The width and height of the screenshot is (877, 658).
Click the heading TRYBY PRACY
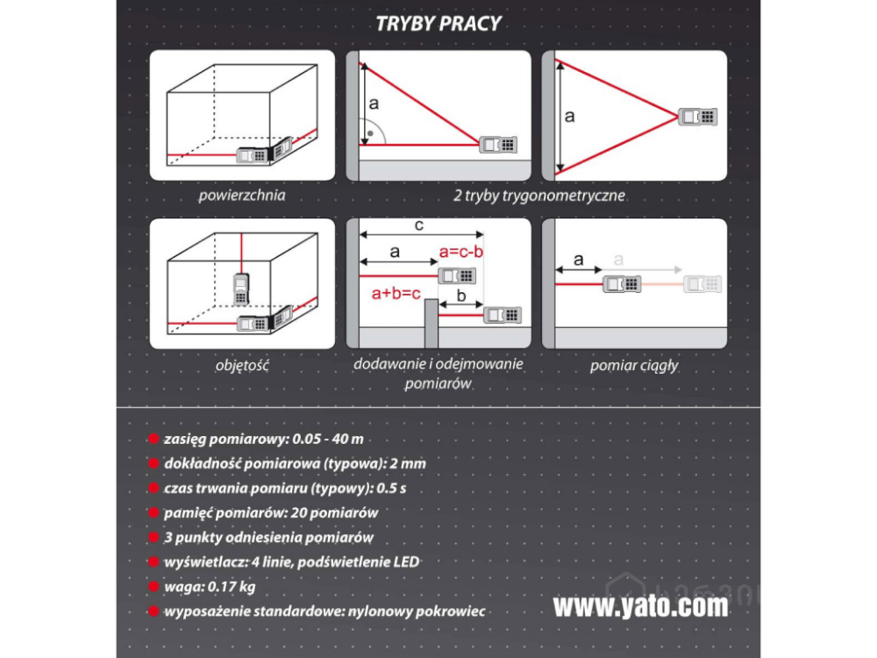click(x=438, y=24)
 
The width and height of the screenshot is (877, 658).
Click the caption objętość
click(x=241, y=366)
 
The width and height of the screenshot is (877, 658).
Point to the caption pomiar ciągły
click(x=634, y=366)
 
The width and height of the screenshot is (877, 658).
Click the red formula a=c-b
click(x=461, y=253)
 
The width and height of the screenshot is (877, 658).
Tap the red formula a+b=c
click(x=397, y=292)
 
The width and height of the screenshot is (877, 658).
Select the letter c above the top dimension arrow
click(x=419, y=225)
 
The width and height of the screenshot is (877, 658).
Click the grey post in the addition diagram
click(x=430, y=324)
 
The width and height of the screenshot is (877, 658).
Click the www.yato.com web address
click(x=640, y=606)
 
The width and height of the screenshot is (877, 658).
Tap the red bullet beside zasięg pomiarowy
click(x=154, y=440)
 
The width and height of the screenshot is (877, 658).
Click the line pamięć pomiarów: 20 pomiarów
click(x=271, y=513)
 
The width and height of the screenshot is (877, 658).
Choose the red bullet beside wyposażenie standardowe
click(x=154, y=612)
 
